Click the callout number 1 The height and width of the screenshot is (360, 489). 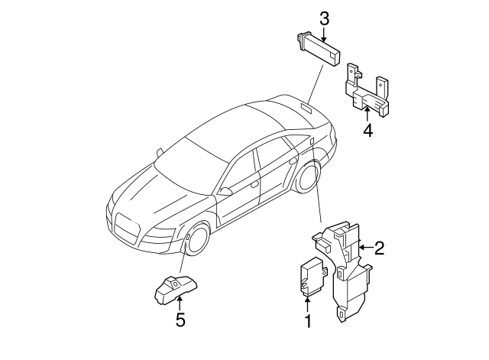[309, 322]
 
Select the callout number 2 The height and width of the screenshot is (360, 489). [378, 248]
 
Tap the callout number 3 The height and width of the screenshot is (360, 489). [324, 18]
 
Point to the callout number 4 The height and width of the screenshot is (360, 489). [368, 131]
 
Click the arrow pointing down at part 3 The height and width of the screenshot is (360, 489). [324, 32]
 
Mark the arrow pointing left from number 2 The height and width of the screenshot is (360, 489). [365, 247]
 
